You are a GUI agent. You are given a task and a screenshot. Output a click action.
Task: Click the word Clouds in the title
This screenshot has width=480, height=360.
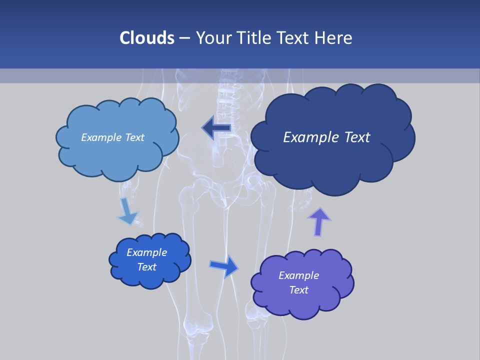click(x=146, y=38)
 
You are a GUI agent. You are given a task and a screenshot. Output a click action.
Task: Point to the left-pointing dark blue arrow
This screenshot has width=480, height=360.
click(x=216, y=128)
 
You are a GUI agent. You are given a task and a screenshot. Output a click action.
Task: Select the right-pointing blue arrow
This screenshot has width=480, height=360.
click(x=224, y=265)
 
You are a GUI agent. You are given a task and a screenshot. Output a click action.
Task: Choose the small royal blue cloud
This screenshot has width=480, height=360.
click(x=149, y=260)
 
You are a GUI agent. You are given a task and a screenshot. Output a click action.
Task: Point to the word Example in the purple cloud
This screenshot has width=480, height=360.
click(x=298, y=275)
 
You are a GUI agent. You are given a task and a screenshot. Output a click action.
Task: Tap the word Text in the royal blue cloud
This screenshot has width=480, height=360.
click(x=146, y=267)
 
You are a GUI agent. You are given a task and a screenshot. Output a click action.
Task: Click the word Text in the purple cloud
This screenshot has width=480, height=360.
click(x=298, y=290)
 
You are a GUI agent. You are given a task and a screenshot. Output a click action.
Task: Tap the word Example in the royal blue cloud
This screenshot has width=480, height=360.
click(x=146, y=252)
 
